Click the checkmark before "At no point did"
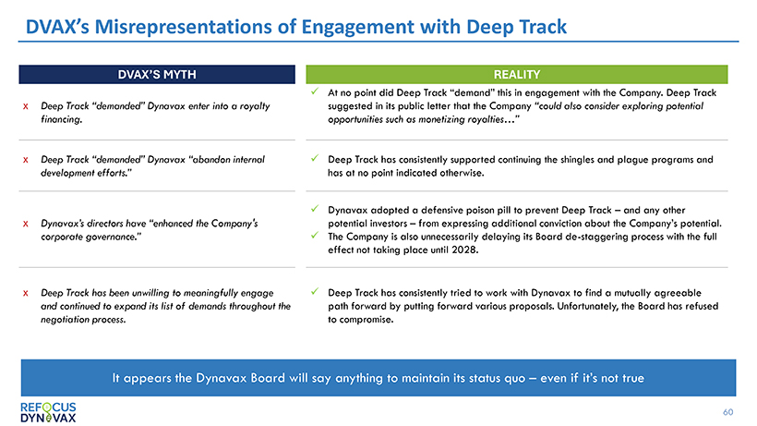point(317,91)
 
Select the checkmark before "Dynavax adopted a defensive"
point(317,210)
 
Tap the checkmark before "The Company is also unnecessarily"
point(317,236)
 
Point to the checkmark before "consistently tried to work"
point(317,291)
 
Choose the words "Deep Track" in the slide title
point(523,28)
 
